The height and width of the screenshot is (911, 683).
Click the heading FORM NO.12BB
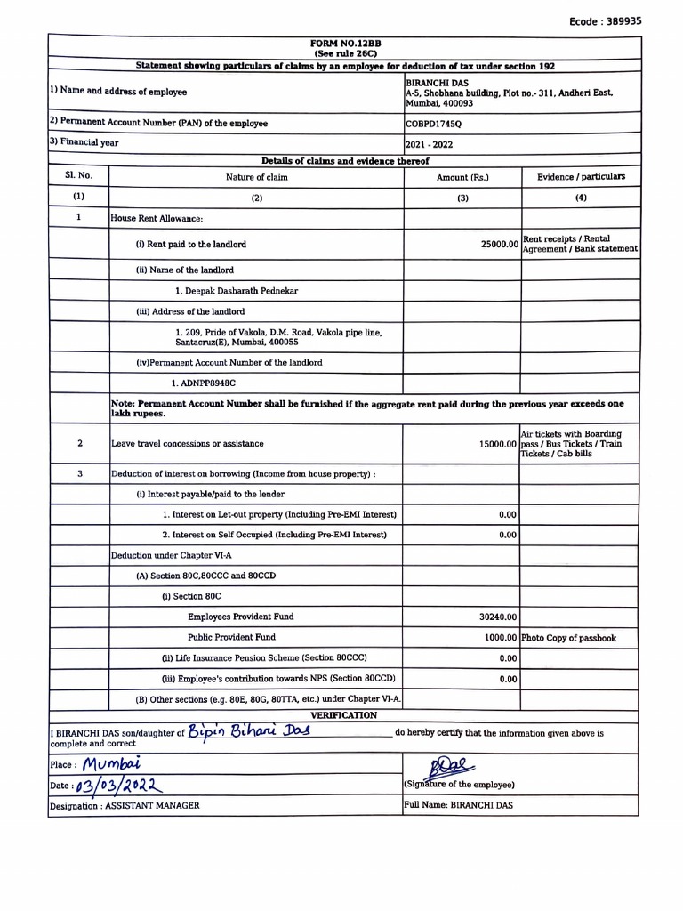pyautogui.click(x=346, y=44)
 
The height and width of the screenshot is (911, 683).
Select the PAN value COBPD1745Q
pyautogui.click(x=434, y=124)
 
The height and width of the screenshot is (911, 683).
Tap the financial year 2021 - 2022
pyautogui.click(x=429, y=143)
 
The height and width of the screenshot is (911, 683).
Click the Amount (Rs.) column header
pyautogui.click(x=462, y=177)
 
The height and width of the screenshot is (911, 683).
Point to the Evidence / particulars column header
pyautogui.click(x=581, y=177)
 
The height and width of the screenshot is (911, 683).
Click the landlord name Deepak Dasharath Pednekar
pyautogui.click(x=237, y=291)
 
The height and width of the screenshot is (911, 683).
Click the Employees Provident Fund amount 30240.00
pyautogui.click(x=498, y=617)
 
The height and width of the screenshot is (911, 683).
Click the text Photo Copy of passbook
pyautogui.click(x=568, y=638)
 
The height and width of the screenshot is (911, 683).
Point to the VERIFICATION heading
pyautogui.click(x=343, y=715)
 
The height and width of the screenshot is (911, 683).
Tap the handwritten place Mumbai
pyautogui.click(x=114, y=764)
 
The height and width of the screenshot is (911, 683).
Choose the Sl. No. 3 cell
pyautogui.click(x=79, y=474)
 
